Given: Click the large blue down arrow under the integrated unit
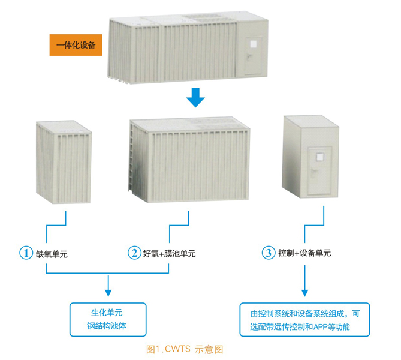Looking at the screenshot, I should point(194,97).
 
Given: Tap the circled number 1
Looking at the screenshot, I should point(26,253).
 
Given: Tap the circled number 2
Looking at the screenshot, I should point(134,253).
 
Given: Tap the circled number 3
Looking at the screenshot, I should point(268,253).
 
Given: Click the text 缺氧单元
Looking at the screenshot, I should point(52,253).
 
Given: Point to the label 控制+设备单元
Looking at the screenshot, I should point(304,253).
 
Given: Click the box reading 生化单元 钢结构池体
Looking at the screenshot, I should point(108,319).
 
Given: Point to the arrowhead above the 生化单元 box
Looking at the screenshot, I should point(108,293).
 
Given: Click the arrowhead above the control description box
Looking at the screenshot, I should point(305,293).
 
